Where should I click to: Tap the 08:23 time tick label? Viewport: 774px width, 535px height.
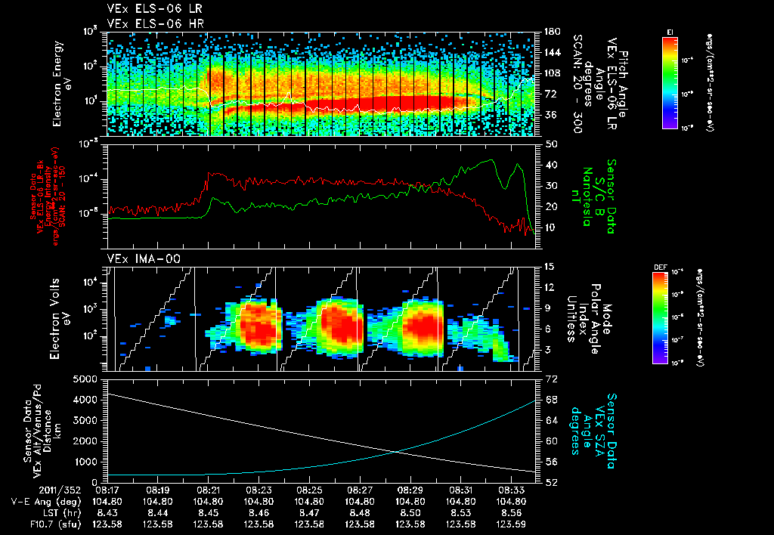259,490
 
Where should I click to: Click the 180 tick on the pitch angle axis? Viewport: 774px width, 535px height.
551,32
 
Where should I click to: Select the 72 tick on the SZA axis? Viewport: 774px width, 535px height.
552,378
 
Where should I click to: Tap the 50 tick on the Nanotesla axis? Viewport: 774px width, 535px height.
551,143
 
